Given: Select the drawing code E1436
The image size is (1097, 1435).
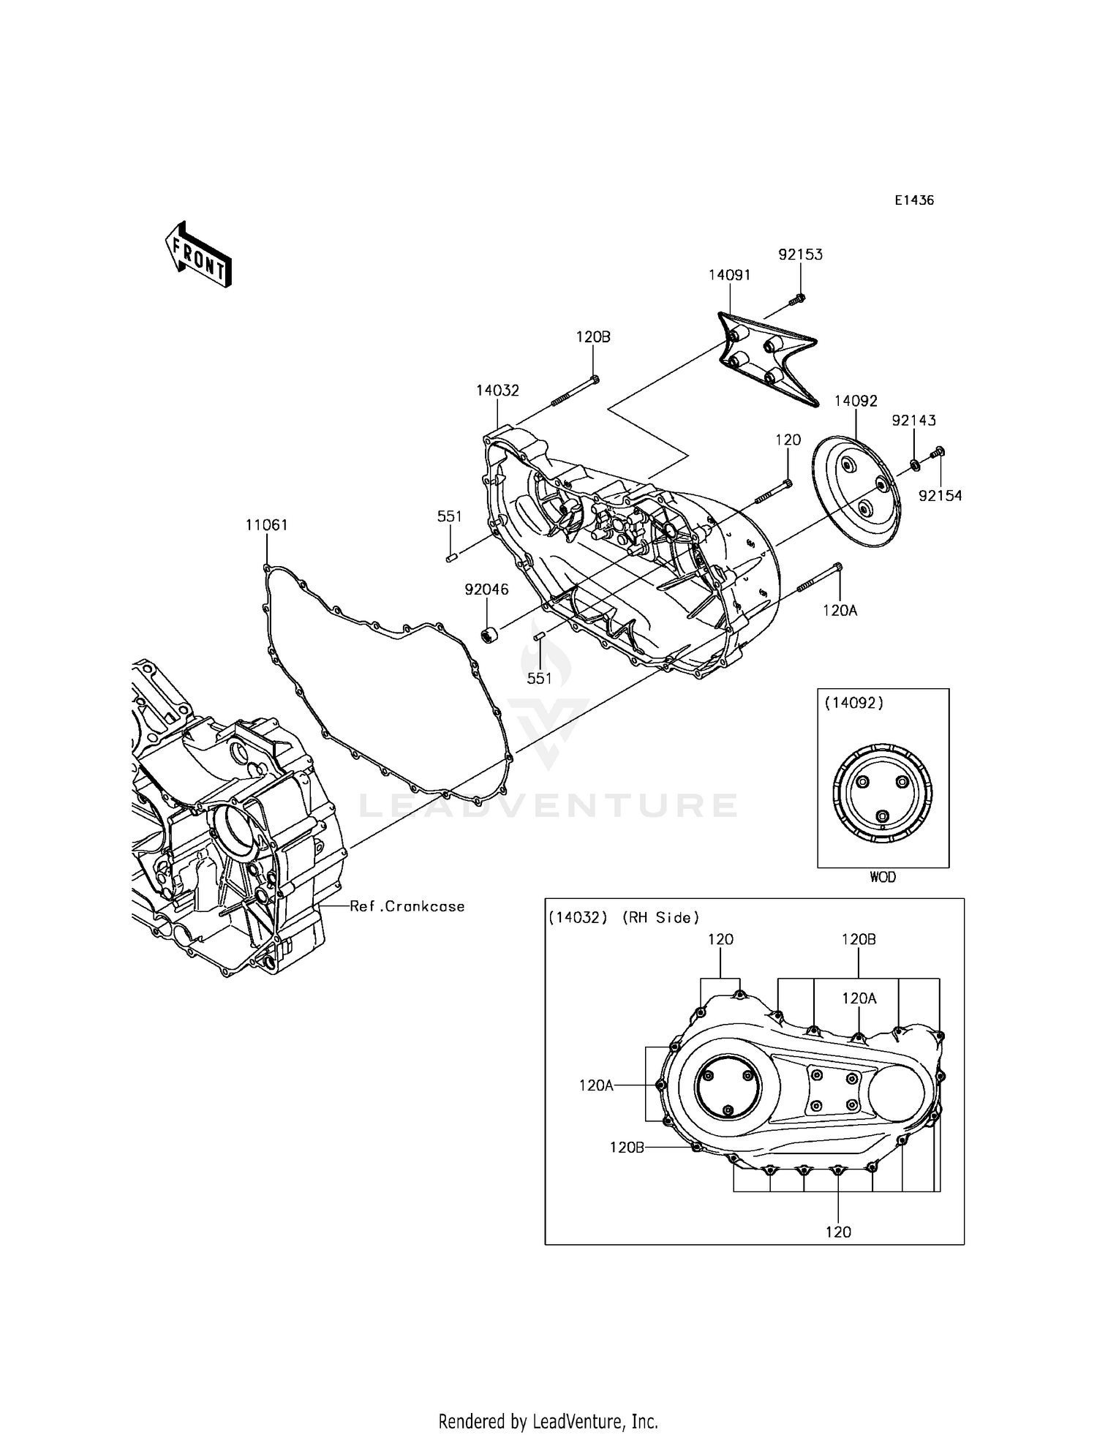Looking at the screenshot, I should (x=914, y=200).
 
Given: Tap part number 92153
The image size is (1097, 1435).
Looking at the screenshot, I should (x=800, y=255).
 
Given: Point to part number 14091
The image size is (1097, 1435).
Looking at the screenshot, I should (x=729, y=275).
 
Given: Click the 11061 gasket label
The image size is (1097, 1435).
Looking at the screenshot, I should (x=266, y=525).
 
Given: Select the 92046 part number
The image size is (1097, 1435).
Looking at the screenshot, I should (x=486, y=590).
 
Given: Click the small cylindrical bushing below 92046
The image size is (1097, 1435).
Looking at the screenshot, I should (x=488, y=634).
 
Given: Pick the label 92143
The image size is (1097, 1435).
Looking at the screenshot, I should (x=913, y=421).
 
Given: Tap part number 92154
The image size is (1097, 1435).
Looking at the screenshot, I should (x=940, y=496).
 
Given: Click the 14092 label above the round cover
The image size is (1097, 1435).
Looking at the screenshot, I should (x=856, y=401).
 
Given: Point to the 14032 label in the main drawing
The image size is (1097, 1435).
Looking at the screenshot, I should (x=497, y=391).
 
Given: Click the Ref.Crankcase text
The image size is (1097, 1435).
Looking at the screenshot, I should (x=407, y=907).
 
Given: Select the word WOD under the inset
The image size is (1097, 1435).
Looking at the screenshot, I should (x=883, y=877).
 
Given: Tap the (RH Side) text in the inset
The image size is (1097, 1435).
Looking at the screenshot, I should (x=660, y=918).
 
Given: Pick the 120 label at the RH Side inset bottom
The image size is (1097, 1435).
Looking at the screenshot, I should (x=838, y=1232).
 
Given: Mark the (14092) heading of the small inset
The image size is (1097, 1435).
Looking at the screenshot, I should (x=853, y=703).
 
